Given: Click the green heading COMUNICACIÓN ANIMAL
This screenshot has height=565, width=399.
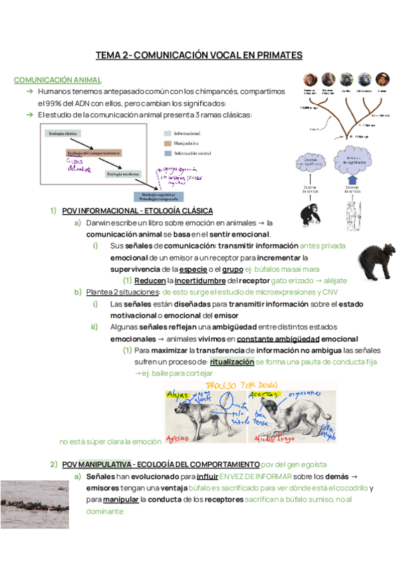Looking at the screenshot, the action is pos(58,80).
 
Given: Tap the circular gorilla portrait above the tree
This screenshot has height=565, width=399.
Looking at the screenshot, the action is pos(346,79).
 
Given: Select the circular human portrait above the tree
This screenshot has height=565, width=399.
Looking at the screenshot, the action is pos(382,79).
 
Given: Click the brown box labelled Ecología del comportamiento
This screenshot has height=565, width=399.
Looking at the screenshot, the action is pos(93,153).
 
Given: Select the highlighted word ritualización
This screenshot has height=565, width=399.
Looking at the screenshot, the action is pos(232,362).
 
